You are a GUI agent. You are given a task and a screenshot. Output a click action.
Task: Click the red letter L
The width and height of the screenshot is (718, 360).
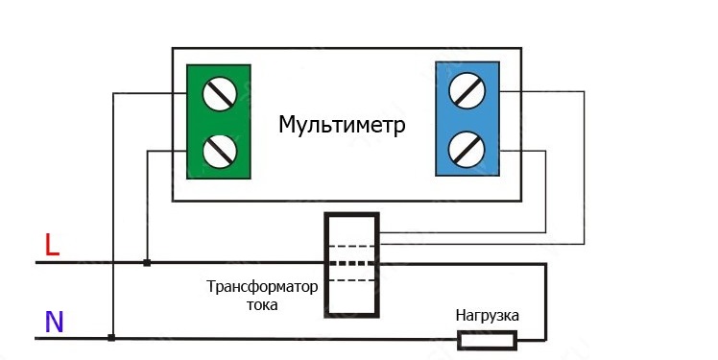(x=52, y=245)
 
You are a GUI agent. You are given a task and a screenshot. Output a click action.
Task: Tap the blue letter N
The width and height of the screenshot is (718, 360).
(x=54, y=322)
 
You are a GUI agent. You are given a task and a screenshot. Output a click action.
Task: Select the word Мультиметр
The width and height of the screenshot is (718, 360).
(x=342, y=125)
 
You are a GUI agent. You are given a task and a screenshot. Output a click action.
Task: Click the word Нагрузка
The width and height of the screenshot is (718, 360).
(x=488, y=316)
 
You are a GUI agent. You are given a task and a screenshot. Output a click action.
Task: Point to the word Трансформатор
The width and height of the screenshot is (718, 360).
(x=262, y=287)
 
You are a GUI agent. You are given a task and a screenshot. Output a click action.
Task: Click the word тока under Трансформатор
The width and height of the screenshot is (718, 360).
(x=262, y=305)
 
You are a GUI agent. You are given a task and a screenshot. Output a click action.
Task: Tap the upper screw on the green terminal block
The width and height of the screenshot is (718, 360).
(x=220, y=94)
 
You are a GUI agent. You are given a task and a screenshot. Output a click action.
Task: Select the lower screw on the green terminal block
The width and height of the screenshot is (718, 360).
(x=220, y=151)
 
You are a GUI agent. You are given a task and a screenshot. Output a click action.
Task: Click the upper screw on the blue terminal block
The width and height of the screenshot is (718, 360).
(x=467, y=90)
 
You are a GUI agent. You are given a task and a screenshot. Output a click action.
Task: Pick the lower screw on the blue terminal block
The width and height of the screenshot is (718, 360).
(x=467, y=150)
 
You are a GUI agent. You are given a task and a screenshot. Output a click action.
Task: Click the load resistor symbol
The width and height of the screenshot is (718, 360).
(x=488, y=340)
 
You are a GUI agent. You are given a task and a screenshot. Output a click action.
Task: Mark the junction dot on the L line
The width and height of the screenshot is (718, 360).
(x=147, y=262)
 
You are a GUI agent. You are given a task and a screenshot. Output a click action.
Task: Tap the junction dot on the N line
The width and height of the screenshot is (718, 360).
(x=111, y=338)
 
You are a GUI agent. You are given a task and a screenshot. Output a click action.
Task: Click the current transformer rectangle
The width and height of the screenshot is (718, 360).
(x=325, y=265)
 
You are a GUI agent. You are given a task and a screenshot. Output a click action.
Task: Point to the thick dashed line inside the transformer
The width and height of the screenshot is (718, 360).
(x=351, y=263)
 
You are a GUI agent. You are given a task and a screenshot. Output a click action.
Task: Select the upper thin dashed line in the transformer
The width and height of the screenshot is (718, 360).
(x=351, y=247)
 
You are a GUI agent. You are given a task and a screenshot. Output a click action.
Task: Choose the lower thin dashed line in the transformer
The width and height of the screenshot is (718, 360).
(x=351, y=280)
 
